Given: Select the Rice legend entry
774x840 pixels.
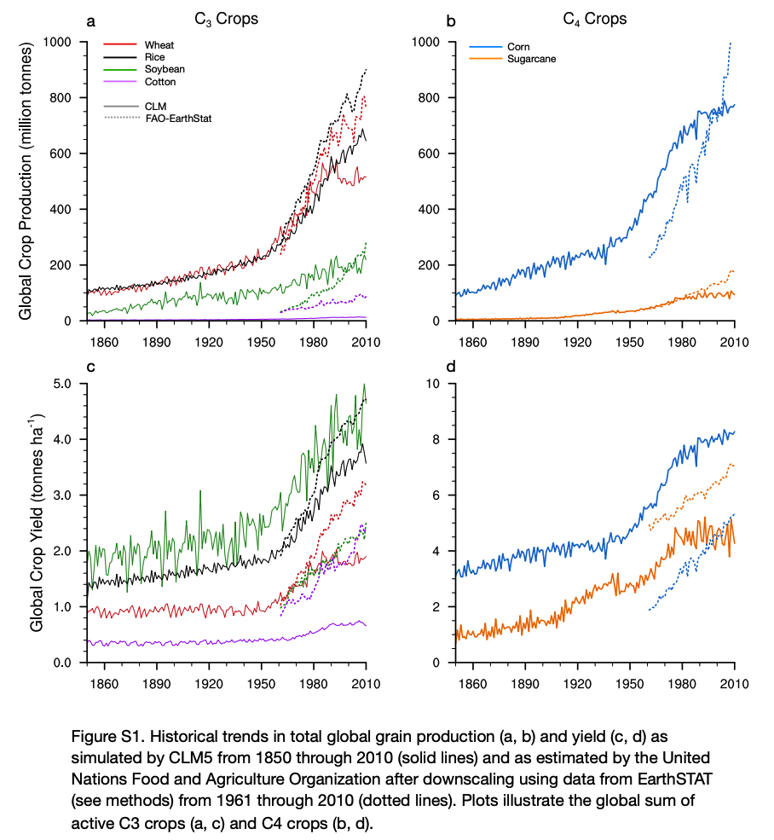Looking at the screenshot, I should [155, 56].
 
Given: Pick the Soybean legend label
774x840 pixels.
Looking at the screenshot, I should [165, 69].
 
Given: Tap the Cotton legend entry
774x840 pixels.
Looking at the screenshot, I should [160, 81].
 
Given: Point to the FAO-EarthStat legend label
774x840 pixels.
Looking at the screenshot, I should [178, 118].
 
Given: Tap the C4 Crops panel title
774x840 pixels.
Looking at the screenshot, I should [595, 19].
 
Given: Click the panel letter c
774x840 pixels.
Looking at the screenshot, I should [90, 367].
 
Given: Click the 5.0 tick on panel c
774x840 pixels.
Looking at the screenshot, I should [66, 384].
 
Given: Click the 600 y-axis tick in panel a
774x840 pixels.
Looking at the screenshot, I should [64, 154].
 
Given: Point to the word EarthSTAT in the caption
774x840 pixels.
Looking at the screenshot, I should [560, 779].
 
